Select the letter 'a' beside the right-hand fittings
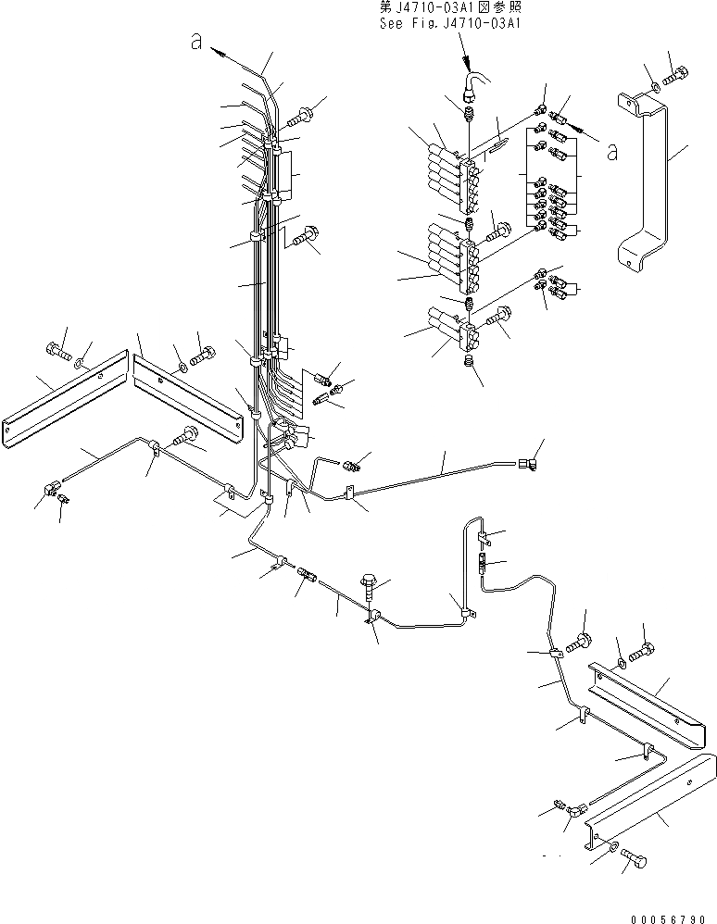pyautogui.click(x=610, y=151)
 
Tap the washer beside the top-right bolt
pyautogui.click(x=656, y=87)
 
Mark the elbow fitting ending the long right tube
pyautogui.click(x=529, y=455)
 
